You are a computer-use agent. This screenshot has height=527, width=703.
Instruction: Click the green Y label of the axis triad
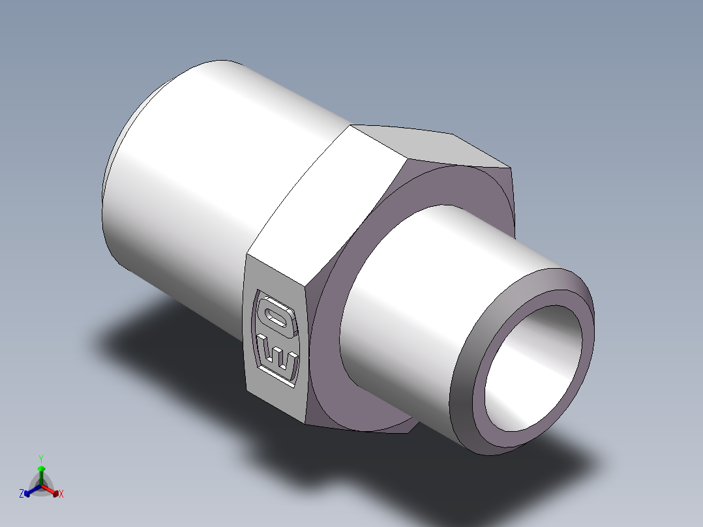(x=41, y=459)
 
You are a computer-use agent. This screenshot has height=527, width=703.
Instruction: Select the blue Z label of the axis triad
(x=21, y=493)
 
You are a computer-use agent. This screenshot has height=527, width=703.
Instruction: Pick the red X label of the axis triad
(x=61, y=494)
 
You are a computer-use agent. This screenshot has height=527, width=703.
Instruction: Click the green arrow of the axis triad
(x=41, y=475)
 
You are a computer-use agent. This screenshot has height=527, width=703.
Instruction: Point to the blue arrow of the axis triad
(x=33, y=490)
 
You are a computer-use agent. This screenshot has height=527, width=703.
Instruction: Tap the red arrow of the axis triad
(x=50, y=490)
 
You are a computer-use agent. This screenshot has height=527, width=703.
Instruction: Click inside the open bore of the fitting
(x=533, y=368)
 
